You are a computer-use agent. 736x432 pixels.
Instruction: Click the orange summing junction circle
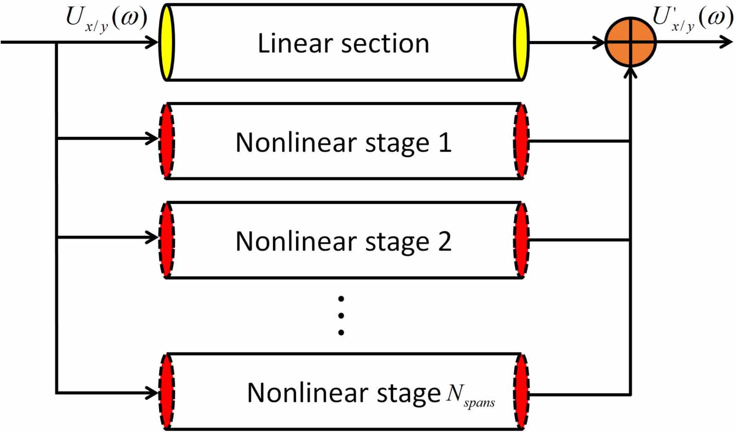coord(630,42)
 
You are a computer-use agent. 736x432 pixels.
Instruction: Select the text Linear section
coord(343,44)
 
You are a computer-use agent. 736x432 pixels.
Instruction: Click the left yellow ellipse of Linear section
coord(166,42)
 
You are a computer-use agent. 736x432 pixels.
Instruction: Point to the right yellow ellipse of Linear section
coord(521,42)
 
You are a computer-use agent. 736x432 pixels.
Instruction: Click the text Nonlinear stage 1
coord(343,142)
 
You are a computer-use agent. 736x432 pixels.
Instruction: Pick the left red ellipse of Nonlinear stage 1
coord(167,141)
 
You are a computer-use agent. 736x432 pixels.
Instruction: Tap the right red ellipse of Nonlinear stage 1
coord(521,141)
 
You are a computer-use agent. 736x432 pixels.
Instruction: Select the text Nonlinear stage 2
coord(343,241)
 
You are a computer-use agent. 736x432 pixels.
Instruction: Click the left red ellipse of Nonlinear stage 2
coord(167,240)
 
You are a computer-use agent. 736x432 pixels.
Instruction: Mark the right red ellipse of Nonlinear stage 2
coord(521,240)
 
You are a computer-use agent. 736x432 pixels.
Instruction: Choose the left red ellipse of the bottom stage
coord(167,392)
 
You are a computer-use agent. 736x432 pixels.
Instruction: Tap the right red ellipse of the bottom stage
coord(521,392)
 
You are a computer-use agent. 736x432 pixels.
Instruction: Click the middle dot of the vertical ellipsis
coord(341,316)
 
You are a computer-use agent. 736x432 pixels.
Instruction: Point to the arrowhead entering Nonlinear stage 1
coord(153,138)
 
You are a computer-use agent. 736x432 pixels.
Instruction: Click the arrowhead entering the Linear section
coord(153,42)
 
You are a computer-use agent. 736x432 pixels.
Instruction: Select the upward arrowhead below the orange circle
coord(631,73)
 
